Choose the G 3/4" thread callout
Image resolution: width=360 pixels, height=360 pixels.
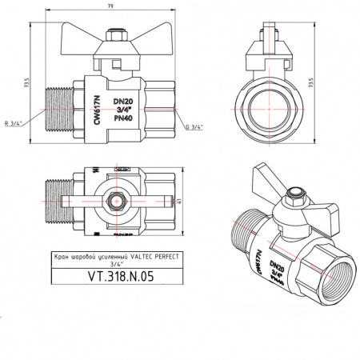point(193,126)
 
